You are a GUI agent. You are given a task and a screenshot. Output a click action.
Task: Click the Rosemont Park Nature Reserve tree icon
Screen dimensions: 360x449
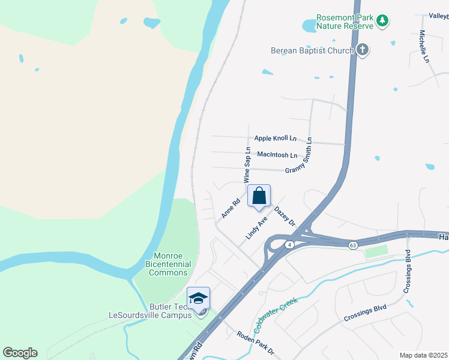pos(382,22)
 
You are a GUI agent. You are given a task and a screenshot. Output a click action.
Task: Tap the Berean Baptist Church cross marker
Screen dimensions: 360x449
pos(363,50)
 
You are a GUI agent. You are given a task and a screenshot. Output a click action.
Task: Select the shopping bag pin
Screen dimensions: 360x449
pos(259,196)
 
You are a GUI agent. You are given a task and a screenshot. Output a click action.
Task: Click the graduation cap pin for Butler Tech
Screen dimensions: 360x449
pos(198,298)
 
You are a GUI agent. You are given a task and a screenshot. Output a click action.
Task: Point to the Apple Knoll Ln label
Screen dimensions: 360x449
pos(276,138)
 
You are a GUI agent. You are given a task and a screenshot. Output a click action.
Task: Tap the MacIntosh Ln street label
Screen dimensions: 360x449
pos(277,155)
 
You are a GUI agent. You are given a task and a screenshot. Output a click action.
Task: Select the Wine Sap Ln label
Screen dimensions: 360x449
pos(247,164)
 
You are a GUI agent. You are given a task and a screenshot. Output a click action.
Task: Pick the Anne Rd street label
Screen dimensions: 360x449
pos(231,208)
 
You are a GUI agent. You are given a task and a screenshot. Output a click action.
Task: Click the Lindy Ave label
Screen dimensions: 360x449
pos(256,229)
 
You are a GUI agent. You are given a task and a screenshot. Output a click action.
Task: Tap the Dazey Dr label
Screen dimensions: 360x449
pos(285,216)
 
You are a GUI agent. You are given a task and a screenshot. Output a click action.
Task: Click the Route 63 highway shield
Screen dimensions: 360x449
pos(353,245)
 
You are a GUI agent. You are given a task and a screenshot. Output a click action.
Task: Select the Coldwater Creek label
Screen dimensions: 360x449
pos(276,313)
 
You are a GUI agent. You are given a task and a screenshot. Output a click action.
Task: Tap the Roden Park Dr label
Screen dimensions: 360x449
pos(255,343)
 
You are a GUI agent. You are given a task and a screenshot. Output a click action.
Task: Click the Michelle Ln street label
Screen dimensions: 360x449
pos(424,47)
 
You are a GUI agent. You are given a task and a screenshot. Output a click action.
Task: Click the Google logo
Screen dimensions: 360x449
pos(20,353)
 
